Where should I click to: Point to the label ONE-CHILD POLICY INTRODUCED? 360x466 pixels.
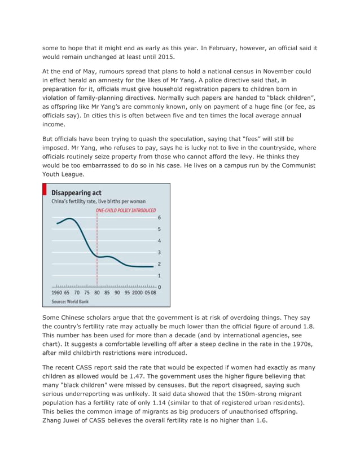pos(125,210)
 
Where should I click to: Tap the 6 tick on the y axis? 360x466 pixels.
pos(159,218)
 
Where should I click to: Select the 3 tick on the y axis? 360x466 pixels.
pos(159,252)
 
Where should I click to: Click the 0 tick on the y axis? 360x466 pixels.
pos(159,287)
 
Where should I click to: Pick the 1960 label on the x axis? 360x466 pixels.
pos(57,293)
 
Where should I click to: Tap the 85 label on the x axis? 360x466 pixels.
pos(107,293)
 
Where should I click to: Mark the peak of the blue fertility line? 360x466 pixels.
pos(69,218)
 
